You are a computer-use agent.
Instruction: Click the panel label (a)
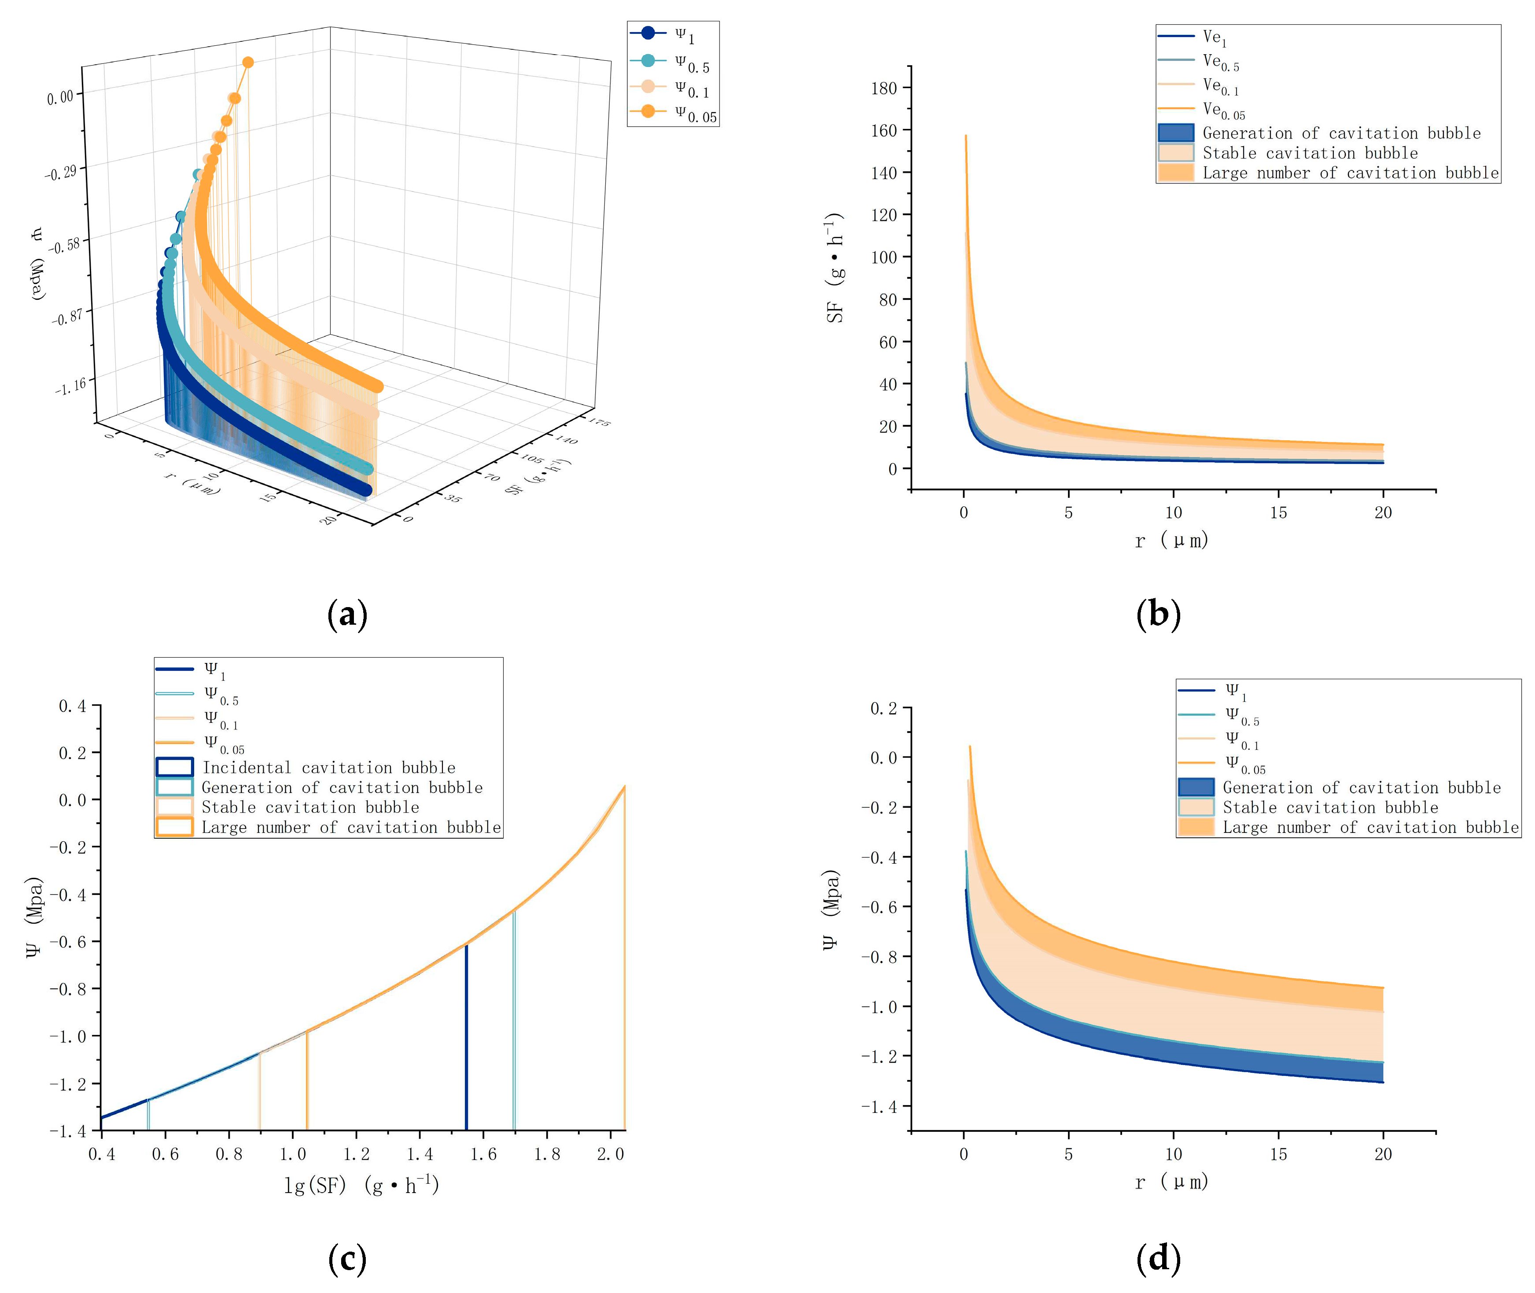click(x=347, y=614)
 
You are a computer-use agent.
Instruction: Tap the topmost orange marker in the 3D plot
click(x=248, y=63)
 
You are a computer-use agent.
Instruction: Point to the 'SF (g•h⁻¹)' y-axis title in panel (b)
click(x=835, y=268)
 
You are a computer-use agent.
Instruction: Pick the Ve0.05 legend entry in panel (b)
click(x=1223, y=110)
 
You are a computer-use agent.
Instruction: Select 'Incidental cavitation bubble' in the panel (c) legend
click(x=328, y=767)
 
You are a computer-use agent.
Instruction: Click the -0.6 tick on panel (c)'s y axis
click(x=67, y=942)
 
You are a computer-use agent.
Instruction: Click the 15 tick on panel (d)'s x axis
click(x=1278, y=1154)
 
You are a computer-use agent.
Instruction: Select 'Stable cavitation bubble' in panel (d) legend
click(x=1330, y=807)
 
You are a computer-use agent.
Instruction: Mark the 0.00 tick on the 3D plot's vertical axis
click(x=60, y=97)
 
